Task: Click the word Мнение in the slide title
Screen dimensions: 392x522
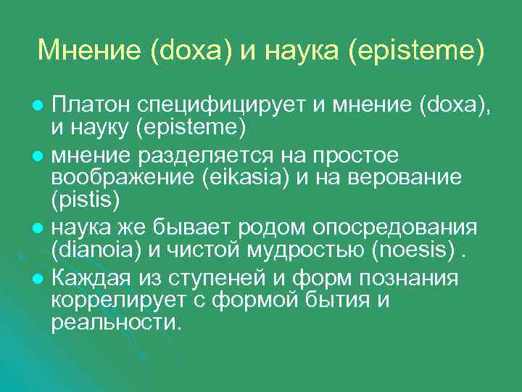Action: click(x=89, y=50)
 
